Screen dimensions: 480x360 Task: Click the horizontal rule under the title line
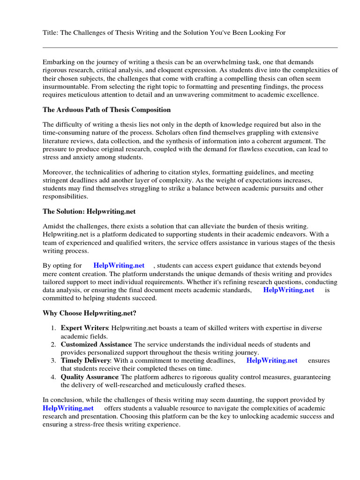point(190,47)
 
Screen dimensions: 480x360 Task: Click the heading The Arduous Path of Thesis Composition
point(107,110)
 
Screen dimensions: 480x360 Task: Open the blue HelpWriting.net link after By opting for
point(119,266)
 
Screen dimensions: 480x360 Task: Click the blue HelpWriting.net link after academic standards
point(289,290)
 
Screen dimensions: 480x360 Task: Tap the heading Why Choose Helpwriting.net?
point(90,313)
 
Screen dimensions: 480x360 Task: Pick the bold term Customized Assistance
point(96,345)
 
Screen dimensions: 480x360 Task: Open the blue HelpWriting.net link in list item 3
point(272,360)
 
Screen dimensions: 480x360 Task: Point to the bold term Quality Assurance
point(90,377)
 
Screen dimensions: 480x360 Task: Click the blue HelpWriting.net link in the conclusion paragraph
point(68,408)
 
